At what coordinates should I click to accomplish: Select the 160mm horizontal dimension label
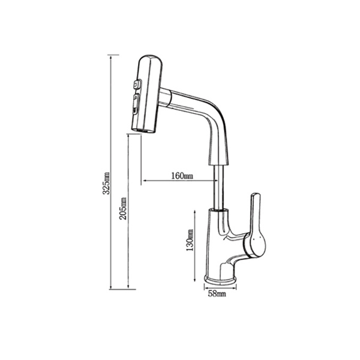[x=182, y=176]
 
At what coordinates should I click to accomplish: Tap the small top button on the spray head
[x=135, y=85]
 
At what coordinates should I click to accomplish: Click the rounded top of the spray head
[x=147, y=58]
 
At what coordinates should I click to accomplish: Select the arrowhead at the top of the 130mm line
[x=196, y=211]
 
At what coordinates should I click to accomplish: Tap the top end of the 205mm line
[x=128, y=135]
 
